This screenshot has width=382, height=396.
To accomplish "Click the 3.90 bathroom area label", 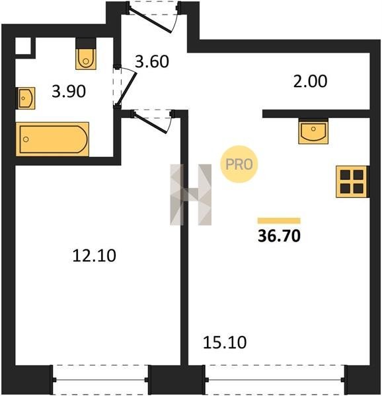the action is (69, 92).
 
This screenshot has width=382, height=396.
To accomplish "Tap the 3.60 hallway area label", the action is (152, 61).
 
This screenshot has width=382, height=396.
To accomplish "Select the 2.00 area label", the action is (310, 81).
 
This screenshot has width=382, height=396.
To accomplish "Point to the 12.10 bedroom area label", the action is (94, 255).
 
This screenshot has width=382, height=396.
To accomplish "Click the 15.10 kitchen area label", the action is (225, 343).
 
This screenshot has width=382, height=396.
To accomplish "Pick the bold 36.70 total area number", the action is (279, 236).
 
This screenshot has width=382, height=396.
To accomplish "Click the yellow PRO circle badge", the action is (239, 164).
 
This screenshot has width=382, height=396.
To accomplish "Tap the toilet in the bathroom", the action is (86, 53).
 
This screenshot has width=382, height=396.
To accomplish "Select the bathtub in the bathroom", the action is (52, 139).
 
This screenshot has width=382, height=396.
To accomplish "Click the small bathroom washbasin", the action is (25, 98).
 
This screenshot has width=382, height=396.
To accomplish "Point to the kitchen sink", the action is (313, 131).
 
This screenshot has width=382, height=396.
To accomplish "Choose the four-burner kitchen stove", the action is (352, 181).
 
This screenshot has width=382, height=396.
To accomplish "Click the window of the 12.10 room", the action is (100, 379).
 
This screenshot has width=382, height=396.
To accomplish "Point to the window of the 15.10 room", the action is (275, 379).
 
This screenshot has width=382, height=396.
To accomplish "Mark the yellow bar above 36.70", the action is (279, 220).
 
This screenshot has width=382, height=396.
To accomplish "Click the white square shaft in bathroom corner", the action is (23, 46).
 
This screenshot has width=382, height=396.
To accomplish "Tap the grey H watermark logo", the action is (191, 195).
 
